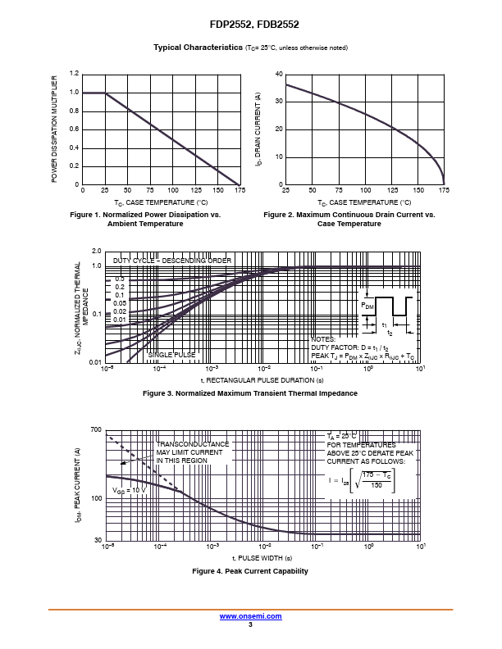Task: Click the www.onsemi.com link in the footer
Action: [250, 616]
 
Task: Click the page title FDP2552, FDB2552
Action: [254, 25]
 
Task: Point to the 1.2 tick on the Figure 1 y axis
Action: [74, 73]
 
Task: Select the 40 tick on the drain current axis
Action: [279, 74]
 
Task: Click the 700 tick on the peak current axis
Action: [96, 429]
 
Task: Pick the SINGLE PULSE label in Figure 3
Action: [171, 355]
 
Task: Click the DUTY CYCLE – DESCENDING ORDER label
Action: [172, 261]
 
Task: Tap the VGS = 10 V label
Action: [130, 491]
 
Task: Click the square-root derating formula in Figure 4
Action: [362, 480]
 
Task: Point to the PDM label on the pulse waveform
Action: [367, 306]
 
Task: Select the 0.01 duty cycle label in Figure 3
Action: [119, 320]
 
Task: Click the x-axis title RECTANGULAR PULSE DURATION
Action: [262, 380]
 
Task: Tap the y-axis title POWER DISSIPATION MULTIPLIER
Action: [54, 129]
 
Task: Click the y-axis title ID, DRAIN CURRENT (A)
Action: [258, 129]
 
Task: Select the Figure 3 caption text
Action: [250, 393]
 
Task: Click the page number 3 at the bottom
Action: [250, 624]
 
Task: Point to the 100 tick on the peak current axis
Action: [96, 498]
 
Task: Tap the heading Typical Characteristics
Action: [198, 48]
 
